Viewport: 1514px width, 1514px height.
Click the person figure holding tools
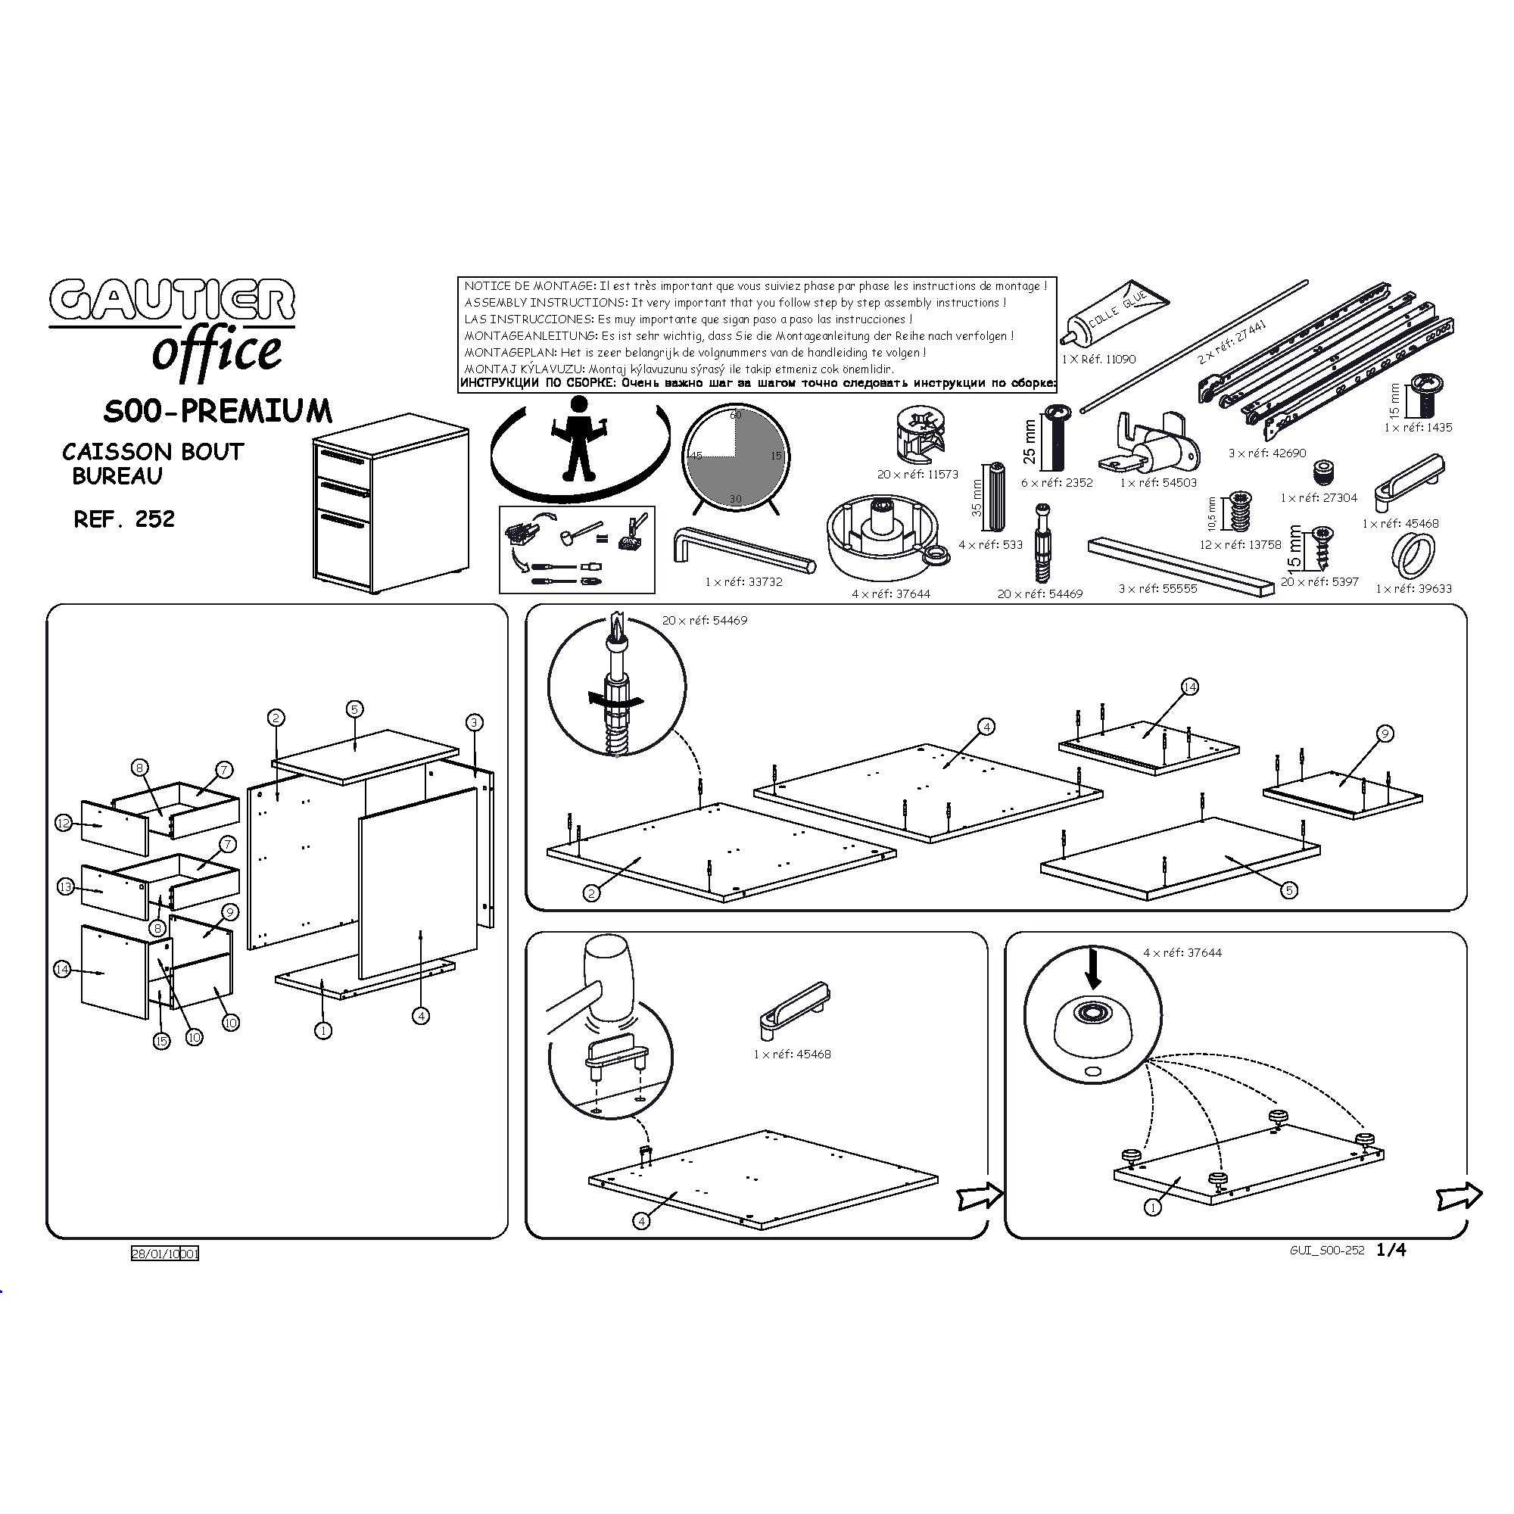579,439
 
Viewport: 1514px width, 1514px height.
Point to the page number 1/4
1391,1250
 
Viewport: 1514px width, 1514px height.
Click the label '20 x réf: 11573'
917,474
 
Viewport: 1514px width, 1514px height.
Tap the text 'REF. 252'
124,519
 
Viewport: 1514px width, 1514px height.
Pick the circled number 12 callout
64,823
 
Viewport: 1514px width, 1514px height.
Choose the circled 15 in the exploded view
161,1041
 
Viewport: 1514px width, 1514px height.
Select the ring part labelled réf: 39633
1415,555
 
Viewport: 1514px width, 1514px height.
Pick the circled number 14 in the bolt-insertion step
1189,687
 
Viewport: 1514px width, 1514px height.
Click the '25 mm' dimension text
1030,441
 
